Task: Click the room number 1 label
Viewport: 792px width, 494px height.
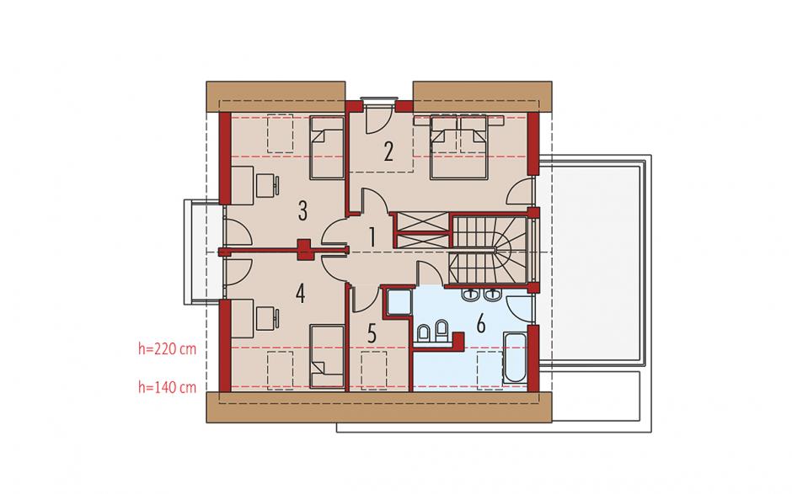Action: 372,237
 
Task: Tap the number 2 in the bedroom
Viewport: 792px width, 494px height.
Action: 388,151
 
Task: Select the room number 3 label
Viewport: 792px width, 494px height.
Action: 302,211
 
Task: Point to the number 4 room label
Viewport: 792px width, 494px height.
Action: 301,294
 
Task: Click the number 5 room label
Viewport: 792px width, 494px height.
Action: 372,334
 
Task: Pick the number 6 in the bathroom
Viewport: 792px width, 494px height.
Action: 481,324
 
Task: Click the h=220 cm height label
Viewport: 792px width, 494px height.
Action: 167,348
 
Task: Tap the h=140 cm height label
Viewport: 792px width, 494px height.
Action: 167,387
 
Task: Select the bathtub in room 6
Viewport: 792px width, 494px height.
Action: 515,359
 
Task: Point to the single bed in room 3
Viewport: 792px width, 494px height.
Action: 327,147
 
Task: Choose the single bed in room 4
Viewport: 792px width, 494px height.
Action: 327,356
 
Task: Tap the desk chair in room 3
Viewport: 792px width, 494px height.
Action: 268,186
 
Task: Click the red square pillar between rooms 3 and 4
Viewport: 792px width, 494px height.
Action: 304,249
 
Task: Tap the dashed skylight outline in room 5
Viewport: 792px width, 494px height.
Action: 374,370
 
